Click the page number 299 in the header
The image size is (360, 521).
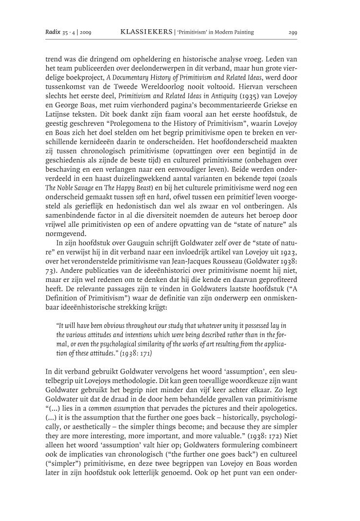[x=293, y=33]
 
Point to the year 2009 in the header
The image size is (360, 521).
[x=84, y=33]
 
